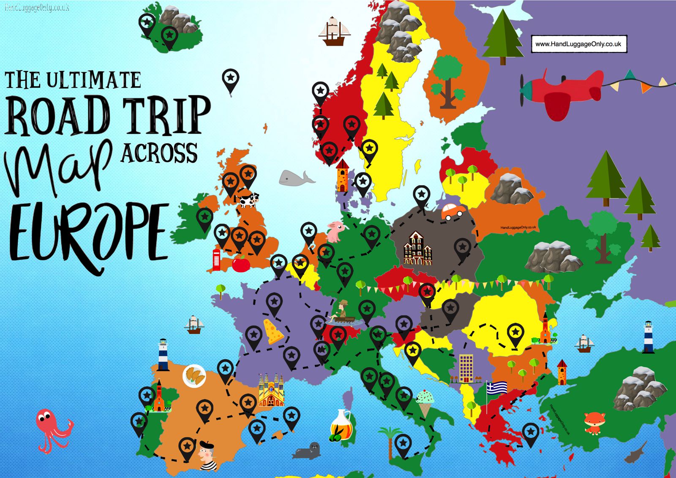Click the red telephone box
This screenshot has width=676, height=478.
coord(216,259)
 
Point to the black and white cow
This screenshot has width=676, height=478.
coord(248,200)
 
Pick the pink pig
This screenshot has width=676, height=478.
coord(335,231)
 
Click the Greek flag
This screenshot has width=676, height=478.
coord(496,387)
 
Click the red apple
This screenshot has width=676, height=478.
coord(241,264)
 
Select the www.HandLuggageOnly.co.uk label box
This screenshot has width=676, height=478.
coord(578,44)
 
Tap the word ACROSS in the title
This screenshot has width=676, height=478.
coord(159,153)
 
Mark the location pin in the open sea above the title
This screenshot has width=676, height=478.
coord(230,80)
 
